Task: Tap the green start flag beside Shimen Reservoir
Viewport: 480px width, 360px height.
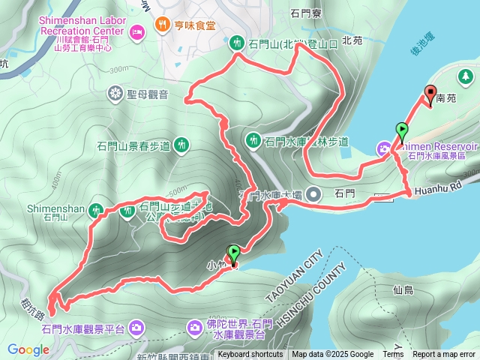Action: tap(402, 132)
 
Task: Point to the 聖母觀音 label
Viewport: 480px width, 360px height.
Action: tap(147, 94)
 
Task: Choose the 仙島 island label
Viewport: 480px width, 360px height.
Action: tap(403, 289)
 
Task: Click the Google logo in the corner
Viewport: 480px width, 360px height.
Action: tap(28, 349)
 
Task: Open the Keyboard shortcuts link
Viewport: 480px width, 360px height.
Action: tap(250, 355)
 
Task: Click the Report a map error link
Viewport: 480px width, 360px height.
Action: tap(444, 355)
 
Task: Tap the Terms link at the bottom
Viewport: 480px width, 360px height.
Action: tap(393, 355)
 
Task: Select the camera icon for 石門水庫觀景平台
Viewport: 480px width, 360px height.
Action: tap(136, 327)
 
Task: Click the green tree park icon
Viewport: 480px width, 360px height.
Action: tap(466, 76)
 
